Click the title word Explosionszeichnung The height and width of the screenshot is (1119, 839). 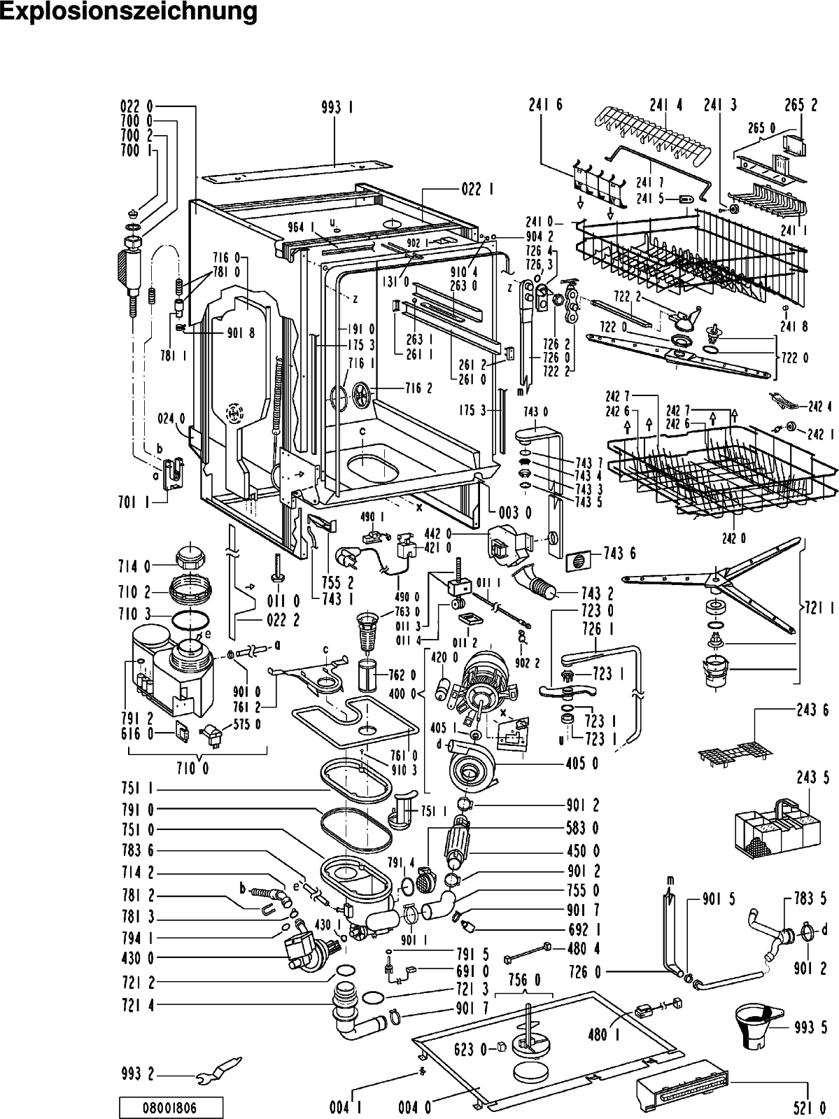pyautogui.click(x=129, y=12)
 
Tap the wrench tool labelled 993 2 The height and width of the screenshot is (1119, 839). pyautogui.click(x=218, y=1069)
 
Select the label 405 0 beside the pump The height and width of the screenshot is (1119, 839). pyautogui.click(x=582, y=763)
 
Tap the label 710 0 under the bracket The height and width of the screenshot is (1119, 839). pyautogui.click(x=198, y=768)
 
